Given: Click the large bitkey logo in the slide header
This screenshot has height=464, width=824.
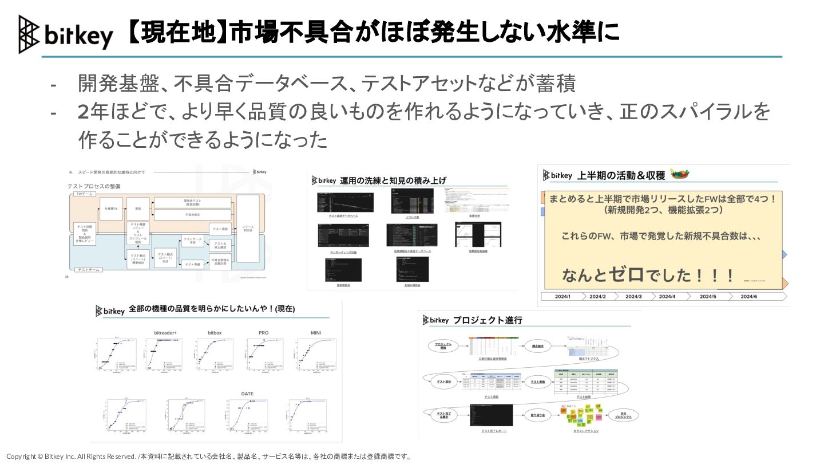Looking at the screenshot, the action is tap(65, 34).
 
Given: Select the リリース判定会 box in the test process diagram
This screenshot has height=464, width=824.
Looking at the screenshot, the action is tap(248, 228).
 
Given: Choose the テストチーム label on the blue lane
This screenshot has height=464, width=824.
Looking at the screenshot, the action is tap(89, 269).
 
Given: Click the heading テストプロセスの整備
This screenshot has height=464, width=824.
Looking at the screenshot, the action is tap(94, 186).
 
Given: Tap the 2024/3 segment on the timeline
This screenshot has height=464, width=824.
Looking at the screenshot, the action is tap(633, 296).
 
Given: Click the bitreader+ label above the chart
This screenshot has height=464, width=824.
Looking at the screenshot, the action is tap(165, 333).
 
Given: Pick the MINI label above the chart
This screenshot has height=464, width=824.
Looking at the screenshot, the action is tap(316, 333).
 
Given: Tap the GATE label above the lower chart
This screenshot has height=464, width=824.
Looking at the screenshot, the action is tap(247, 394).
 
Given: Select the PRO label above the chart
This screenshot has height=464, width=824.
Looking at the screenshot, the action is tap(263, 333).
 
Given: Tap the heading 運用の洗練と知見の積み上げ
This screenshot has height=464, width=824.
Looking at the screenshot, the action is tap(393, 180).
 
